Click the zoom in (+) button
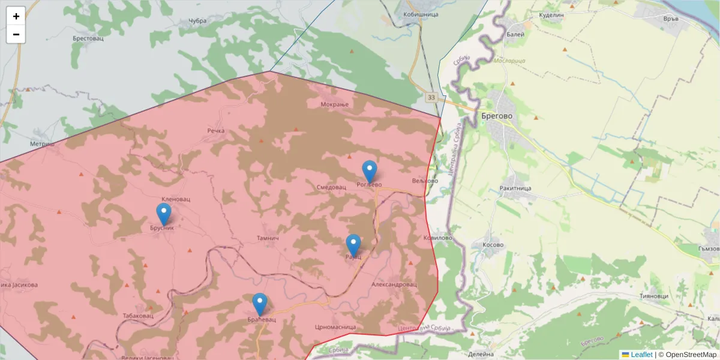pos(16,16)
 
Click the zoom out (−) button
pos(16,34)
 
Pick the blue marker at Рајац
pos(353,245)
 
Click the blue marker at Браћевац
pos(260,304)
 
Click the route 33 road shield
pos(431,97)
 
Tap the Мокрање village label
pos(335,105)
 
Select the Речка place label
pos(215,130)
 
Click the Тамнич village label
pos(268,238)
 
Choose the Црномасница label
pos(335,327)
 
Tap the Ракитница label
pos(515,188)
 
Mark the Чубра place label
pos(197,21)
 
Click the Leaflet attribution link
pos(641,355)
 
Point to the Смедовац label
pos(331,187)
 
